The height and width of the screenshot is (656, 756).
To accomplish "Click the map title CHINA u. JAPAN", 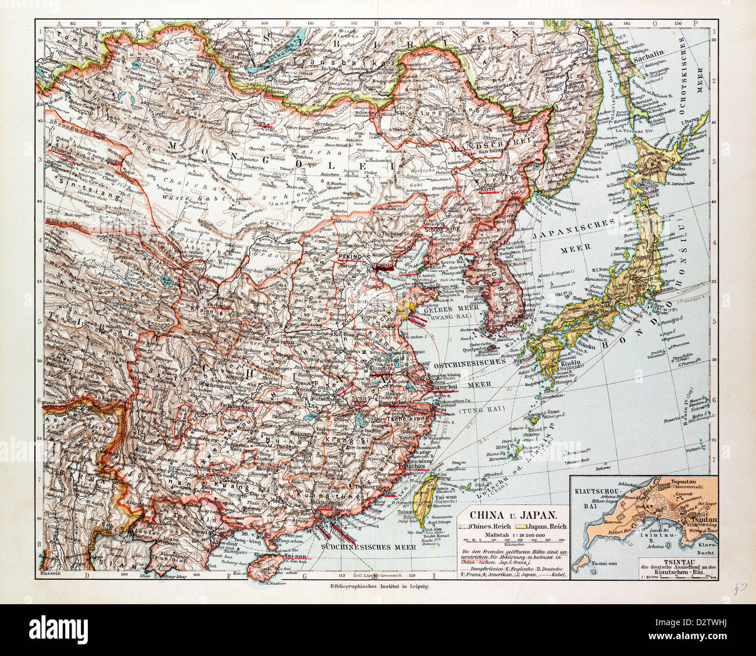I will coord(511,515).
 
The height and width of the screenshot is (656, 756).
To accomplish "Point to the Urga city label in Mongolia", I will coord(259,125).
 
